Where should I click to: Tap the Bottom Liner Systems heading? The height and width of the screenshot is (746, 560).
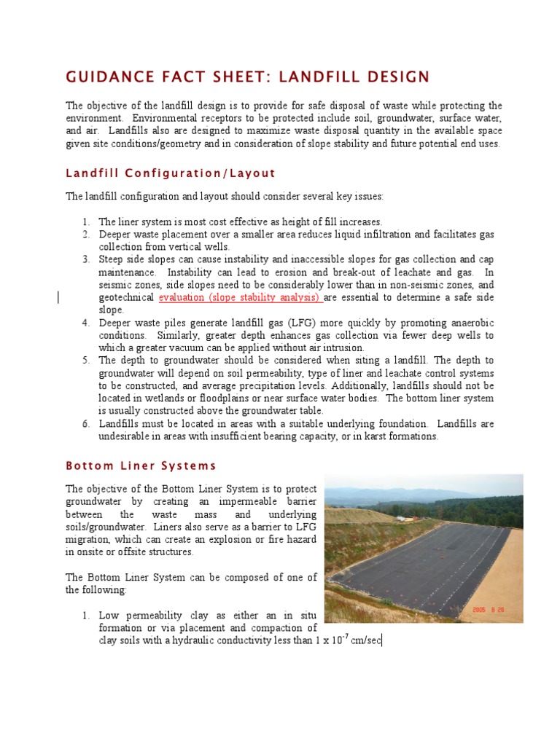(141, 466)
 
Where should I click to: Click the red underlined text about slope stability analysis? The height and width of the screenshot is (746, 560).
(240, 298)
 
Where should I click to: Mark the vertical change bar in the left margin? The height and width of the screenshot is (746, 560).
(58, 297)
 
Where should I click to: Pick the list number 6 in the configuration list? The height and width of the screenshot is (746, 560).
(85, 424)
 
